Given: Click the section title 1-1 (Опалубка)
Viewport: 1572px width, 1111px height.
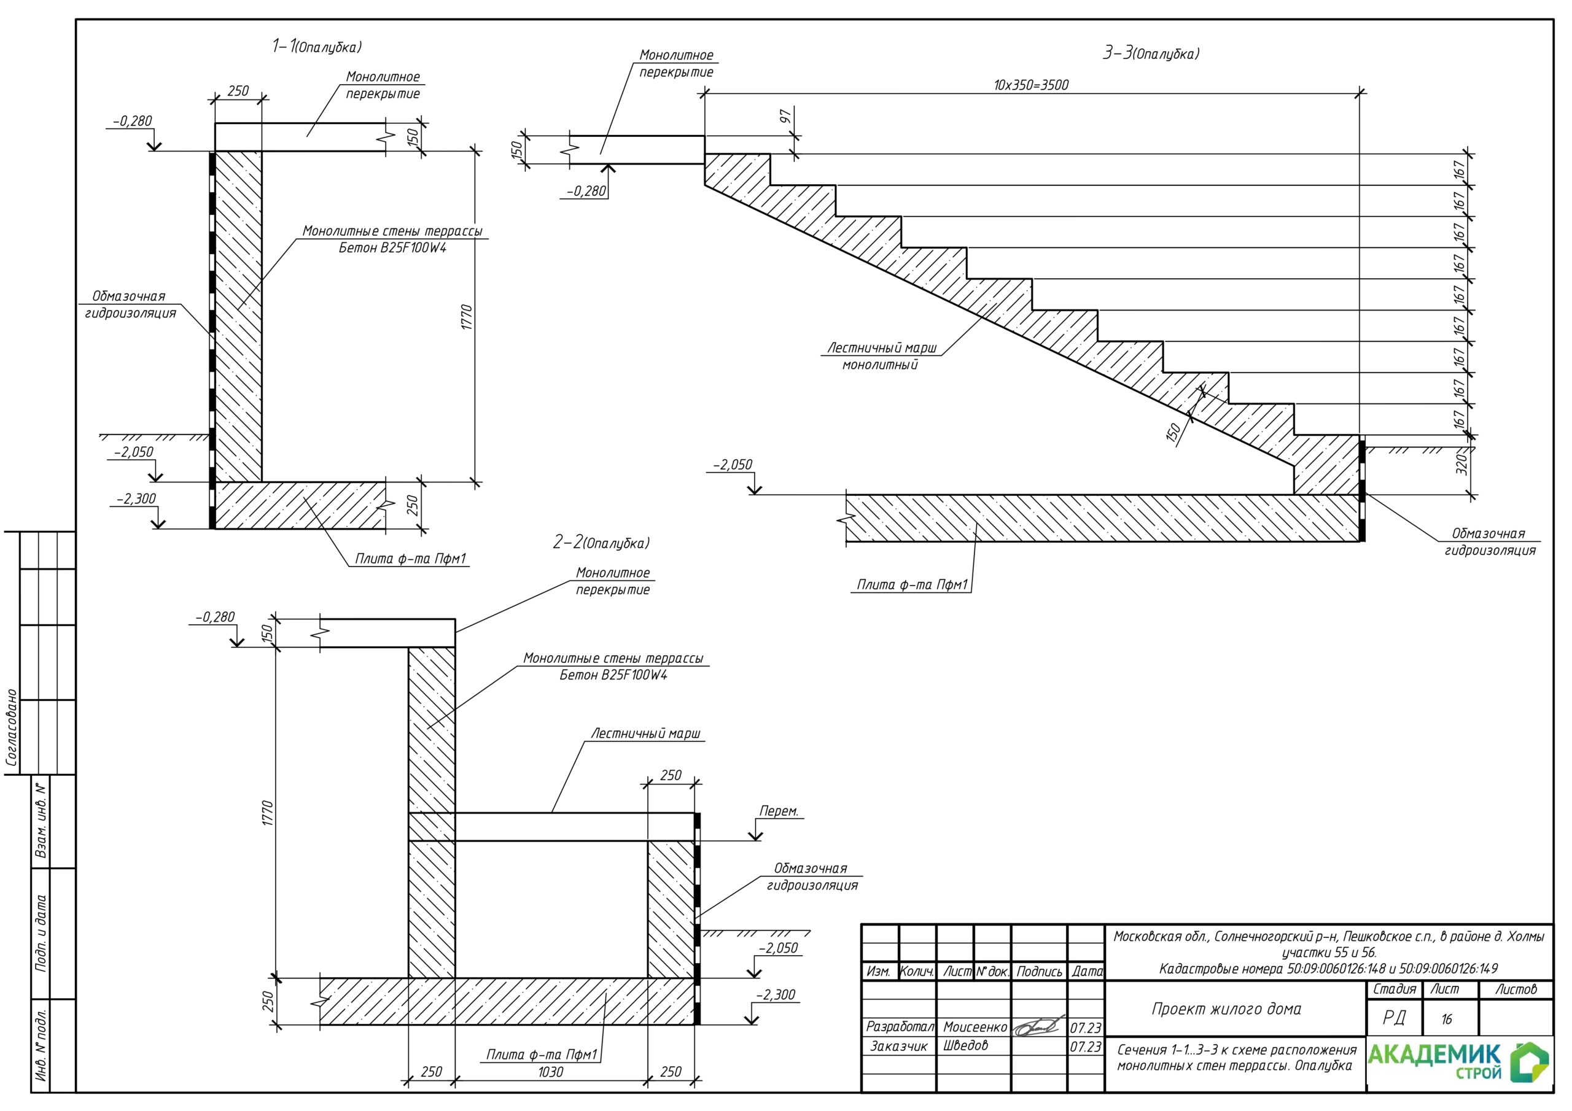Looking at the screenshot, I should (316, 47).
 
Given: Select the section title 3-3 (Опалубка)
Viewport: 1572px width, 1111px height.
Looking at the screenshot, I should (1151, 53).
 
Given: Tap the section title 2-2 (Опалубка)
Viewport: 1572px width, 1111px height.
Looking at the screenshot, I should (601, 543).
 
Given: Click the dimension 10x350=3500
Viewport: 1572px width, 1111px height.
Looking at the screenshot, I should (1031, 85).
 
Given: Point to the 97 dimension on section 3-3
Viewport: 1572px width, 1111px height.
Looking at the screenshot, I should (785, 117).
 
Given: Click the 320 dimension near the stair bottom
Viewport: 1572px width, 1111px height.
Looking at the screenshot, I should (1461, 463).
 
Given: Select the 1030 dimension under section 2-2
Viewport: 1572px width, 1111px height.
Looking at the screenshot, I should (550, 1072).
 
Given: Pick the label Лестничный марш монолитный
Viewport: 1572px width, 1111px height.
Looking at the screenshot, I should (881, 356).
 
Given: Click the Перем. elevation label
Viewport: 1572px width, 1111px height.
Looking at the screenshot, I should (779, 811).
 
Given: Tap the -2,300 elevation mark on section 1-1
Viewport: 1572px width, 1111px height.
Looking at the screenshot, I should (136, 499).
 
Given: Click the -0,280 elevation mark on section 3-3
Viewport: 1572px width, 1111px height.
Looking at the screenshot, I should (587, 191).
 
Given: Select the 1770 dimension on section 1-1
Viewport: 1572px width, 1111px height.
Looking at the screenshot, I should (467, 317).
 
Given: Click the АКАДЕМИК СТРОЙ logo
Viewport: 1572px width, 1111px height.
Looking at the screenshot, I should (1458, 1063).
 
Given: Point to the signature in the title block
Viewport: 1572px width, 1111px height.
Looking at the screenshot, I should (1038, 1026).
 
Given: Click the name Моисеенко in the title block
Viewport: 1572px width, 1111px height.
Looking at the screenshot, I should (975, 1027).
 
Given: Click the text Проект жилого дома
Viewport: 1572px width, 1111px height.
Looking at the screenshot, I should (1226, 1009).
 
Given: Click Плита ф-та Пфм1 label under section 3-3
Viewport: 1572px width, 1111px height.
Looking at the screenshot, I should (911, 584).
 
